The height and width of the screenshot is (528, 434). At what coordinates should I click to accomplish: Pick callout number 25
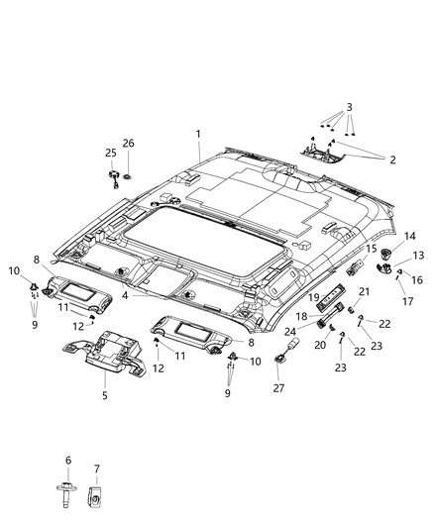click(x=111, y=152)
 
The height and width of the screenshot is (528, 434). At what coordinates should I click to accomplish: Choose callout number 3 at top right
click(x=348, y=105)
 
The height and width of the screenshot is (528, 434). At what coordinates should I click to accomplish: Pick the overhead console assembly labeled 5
click(x=107, y=348)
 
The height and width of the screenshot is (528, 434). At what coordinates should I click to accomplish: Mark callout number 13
click(x=416, y=255)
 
